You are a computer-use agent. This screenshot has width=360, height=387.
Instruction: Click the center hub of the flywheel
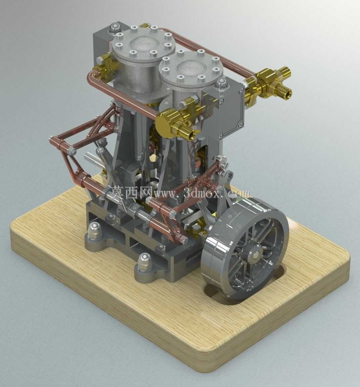click(x=256, y=254)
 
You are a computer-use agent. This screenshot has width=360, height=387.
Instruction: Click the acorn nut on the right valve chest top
click(x=221, y=83)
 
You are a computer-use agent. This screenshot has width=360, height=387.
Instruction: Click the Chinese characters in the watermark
click(x=131, y=193)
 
